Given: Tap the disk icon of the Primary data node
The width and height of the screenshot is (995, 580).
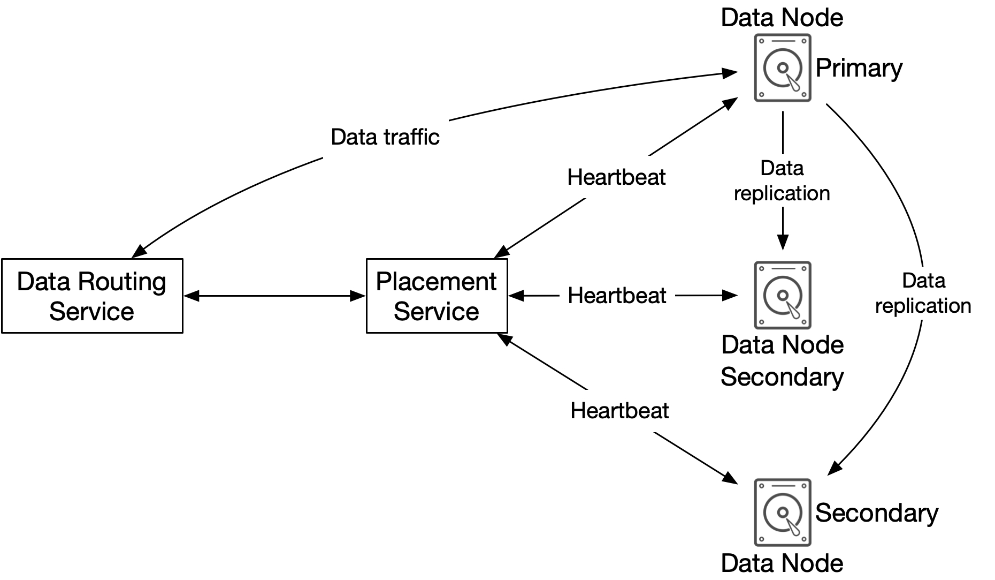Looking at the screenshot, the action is click(782, 68).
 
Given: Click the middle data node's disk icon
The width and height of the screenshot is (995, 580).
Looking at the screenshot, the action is click(782, 295).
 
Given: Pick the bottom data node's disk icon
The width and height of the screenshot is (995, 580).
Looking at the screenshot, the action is click(782, 513).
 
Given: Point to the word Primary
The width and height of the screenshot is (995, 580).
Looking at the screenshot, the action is click(859, 69).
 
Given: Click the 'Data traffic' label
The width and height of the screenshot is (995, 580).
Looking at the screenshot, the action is click(385, 137).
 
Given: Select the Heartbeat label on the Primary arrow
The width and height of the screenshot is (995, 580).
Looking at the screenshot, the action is click(616, 177).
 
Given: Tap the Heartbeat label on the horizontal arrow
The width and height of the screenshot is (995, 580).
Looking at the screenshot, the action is click(617, 296).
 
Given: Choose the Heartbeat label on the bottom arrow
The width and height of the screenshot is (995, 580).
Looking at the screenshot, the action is click(619, 411).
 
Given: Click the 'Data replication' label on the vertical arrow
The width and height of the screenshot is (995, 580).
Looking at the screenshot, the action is click(782, 181).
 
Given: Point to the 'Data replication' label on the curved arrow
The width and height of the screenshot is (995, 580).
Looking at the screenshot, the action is click(923, 293).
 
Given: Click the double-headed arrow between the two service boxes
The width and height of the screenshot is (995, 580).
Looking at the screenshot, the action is click(275, 296).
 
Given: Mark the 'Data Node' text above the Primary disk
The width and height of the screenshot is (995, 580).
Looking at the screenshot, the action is click(782, 17).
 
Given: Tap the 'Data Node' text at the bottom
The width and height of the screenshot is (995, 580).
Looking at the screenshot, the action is click(782, 563).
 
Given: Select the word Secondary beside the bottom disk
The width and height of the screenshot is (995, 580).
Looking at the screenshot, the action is click(877, 513).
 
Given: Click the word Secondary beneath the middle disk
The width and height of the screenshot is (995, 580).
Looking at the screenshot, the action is click(782, 377).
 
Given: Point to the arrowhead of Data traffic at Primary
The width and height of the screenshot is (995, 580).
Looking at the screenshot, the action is click(730, 72).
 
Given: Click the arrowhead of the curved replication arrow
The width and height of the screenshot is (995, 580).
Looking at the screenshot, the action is click(835, 468).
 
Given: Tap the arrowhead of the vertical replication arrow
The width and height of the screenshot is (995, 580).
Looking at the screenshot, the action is click(783, 243).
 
